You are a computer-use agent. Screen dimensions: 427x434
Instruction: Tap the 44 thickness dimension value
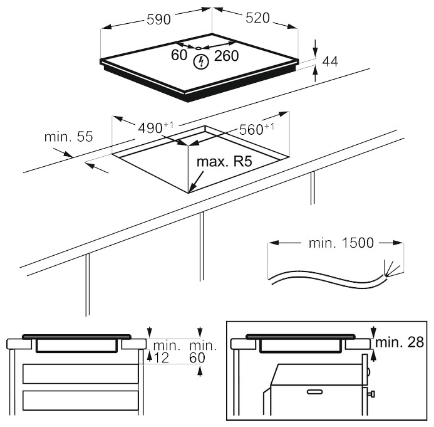[331, 61]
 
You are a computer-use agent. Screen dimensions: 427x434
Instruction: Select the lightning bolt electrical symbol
[201, 61]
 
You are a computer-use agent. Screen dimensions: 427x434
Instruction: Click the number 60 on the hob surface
[179, 56]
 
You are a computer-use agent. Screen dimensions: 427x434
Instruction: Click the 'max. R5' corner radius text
[224, 162]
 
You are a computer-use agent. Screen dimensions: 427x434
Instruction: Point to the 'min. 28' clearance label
[401, 342]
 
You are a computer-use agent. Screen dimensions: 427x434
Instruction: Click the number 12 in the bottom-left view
[161, 357]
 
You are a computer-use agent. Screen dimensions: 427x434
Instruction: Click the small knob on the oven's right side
[372, 394]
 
